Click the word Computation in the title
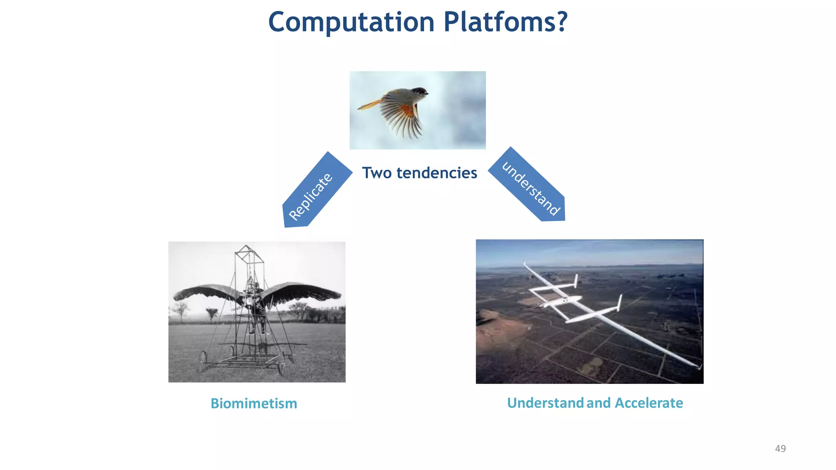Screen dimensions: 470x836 (351, 22)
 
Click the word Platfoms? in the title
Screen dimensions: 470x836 (505, 22)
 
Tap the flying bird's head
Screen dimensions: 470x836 (419, 92)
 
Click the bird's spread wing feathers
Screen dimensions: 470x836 (402, 118)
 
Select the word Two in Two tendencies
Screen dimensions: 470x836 (377, 173)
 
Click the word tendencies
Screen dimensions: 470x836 (437, 173)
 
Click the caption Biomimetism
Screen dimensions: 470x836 (253, 403)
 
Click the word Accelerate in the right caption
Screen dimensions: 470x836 (649, 403)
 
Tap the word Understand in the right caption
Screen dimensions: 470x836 (545, 403)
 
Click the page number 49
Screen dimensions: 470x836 (780, 449)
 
